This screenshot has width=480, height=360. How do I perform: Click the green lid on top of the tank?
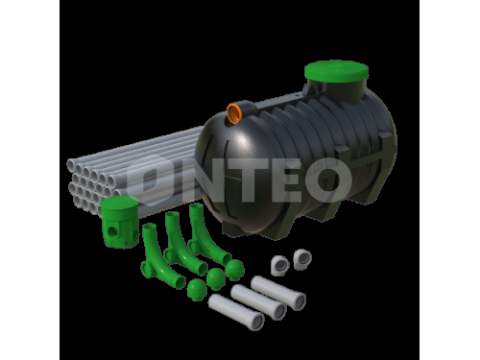(x=336, y=71)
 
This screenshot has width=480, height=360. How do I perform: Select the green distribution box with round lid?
(x=119, y=222)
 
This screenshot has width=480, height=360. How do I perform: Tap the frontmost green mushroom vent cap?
(x=197, y=290)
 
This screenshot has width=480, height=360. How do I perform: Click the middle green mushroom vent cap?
(x=216, y=278)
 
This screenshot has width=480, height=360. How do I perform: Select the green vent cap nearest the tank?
(x=234, y=270)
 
